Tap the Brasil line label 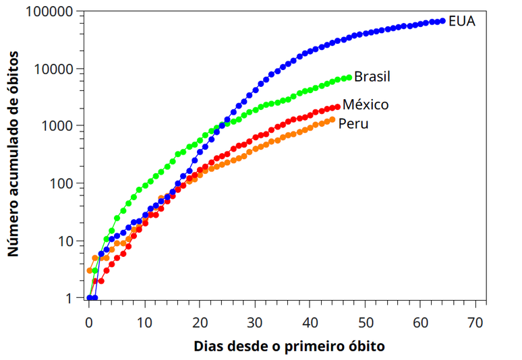pos(372,76)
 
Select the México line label pos(366,104)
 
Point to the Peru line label pos(353,123)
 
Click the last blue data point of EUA pos(442,22)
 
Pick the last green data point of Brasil pos(349,78)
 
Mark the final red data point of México pos(337,107)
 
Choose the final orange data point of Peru pos(332,120)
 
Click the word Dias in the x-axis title pos(208,347)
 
